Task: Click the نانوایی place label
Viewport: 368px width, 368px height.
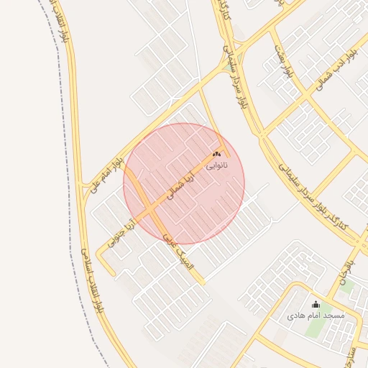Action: [x=217, y=165]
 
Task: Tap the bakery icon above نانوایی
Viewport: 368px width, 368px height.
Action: [x=217, y=155]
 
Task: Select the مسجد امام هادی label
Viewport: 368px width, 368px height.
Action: [x=316, y=316]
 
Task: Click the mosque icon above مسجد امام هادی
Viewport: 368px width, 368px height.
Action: [x=316, y=304]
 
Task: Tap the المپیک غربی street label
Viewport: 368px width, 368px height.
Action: [x=179, y=254]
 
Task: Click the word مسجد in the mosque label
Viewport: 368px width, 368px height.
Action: [x=334, y=316]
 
